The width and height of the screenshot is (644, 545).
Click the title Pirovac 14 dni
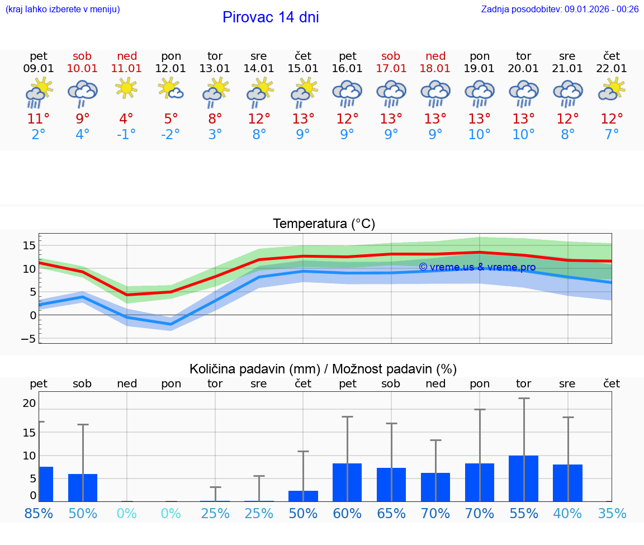click(271, 17)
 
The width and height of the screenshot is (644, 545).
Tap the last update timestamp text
click(560, 9)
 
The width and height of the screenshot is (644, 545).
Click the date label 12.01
click(171, 68)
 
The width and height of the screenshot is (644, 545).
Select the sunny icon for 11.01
click(126, 88)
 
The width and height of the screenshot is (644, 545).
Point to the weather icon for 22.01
click(612, 89)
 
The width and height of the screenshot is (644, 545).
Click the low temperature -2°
click(171, 135)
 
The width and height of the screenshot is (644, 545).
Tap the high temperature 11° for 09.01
click(39, 119)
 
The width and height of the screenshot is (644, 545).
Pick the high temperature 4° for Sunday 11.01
click(126, 119)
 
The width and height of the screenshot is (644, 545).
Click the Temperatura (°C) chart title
click(324, 224)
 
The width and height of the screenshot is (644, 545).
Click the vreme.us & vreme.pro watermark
click(477, 267)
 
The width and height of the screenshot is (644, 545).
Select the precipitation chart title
click(323, 369)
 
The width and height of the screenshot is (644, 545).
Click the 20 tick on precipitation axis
click(29, 403)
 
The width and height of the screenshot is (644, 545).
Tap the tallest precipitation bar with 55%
click(523, 478)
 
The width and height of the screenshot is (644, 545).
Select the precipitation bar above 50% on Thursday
click(303, 496)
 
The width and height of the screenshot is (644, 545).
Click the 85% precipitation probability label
click(39, 513)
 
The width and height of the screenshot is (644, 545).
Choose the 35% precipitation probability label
click(612, 513)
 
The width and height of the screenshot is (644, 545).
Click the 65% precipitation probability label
click(391, 513)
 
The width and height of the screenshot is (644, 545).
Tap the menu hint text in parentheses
click(63, 9)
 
